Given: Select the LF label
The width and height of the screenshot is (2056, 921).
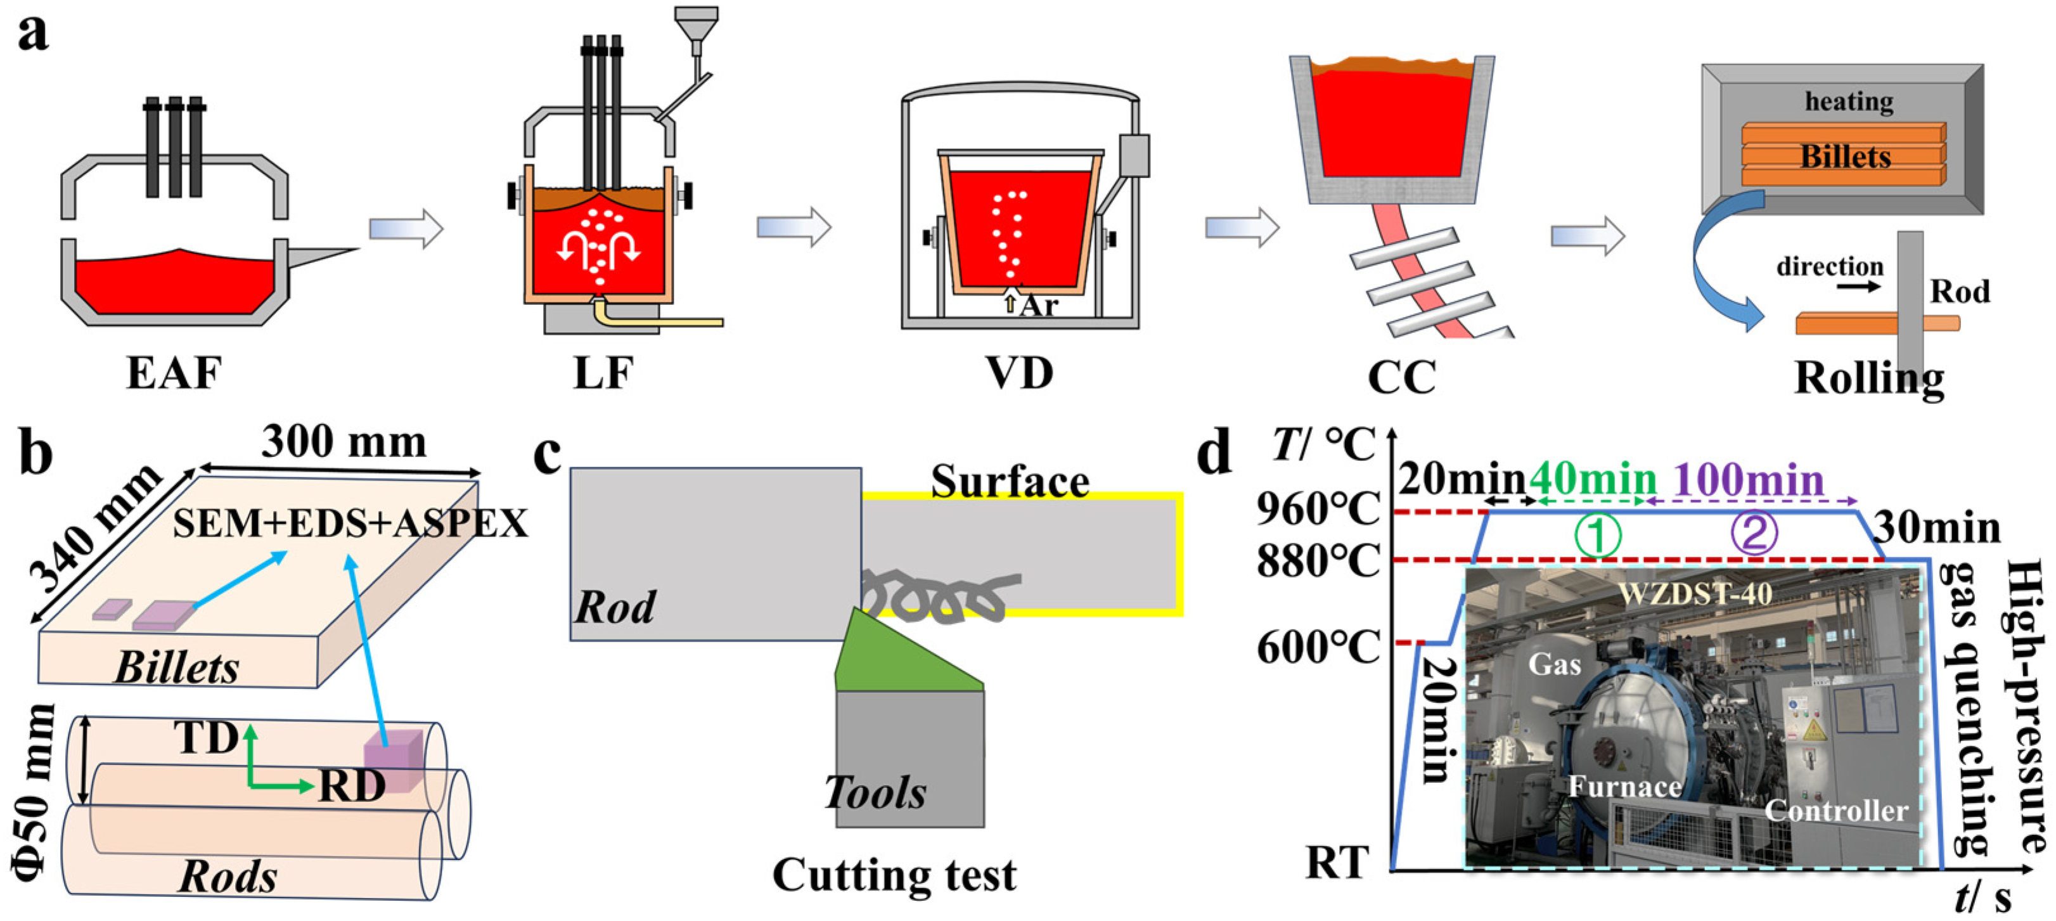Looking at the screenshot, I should click(x=603, y=373).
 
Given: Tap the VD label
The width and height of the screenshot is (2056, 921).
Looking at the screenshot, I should click(x=1019, y=373).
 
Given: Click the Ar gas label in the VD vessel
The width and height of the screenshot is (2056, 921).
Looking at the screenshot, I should click(x=1038, y=305).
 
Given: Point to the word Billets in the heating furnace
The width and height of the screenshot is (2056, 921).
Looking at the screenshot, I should click(x=1846, y=157).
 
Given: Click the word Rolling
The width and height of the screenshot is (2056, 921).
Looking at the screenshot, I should click(x=1868, y=378).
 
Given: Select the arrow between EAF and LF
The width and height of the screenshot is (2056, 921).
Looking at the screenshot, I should click(x=406, y=229).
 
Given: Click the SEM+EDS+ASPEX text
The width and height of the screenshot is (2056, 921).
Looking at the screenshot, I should click(x=350, y=524).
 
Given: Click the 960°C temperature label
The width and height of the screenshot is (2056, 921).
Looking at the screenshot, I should click(x=1318, y=508).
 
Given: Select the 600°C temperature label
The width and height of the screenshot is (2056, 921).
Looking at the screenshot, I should click(x=1318, y=647).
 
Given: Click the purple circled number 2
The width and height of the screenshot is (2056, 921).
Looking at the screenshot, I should click(x=1754, y=534).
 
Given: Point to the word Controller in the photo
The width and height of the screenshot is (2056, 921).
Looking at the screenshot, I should click(x=1835, y=811).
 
